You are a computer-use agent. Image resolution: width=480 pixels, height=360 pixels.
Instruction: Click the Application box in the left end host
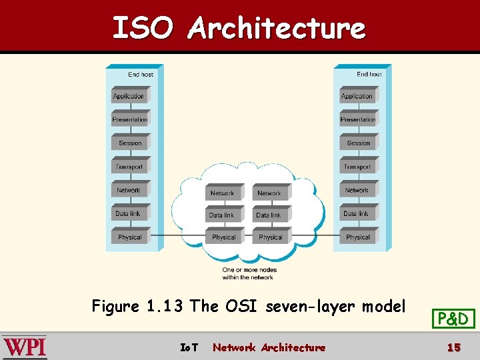[129, 96]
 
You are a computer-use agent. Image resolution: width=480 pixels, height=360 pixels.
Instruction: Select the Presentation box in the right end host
[358, 119]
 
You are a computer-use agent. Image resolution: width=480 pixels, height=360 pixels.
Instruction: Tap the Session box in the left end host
[130, 143]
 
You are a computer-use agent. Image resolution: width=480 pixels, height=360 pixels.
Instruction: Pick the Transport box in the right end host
[358, 167]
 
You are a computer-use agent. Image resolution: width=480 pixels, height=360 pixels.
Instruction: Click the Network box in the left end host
[129, 191]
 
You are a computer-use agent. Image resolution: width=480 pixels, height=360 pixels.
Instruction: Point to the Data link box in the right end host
[356, 214]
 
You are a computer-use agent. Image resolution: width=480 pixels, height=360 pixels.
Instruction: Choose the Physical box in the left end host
[130, 237]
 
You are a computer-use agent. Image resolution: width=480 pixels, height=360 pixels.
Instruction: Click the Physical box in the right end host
[358, 237]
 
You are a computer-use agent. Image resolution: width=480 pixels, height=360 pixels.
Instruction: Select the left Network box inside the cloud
[223, 193]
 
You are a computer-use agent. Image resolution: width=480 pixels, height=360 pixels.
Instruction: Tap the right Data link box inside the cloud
[269, 215]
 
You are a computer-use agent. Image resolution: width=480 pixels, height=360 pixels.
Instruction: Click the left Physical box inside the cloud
[223, 237]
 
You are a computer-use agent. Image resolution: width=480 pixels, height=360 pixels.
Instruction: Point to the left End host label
[141, 75]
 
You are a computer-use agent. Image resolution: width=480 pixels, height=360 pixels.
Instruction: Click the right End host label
[369, 75]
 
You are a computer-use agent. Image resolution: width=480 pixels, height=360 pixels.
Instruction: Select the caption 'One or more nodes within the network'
[248, 273]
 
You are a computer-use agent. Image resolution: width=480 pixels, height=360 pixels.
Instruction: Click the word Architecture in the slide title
[277, 29]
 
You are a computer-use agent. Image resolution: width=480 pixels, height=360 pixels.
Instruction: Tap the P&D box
[453, 319]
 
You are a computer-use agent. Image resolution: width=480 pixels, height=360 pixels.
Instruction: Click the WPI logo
[25, 347]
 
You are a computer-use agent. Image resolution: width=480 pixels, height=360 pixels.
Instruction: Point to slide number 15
[453, 347]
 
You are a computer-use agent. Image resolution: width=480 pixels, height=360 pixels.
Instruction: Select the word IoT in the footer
[189, 347]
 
